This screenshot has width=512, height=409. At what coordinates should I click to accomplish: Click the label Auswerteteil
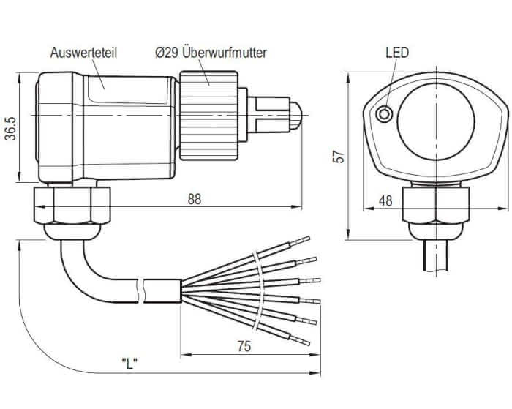point(84,53)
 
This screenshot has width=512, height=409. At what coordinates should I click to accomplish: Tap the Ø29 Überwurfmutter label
point(211,53)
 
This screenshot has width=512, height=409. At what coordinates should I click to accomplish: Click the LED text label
point(396,53)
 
